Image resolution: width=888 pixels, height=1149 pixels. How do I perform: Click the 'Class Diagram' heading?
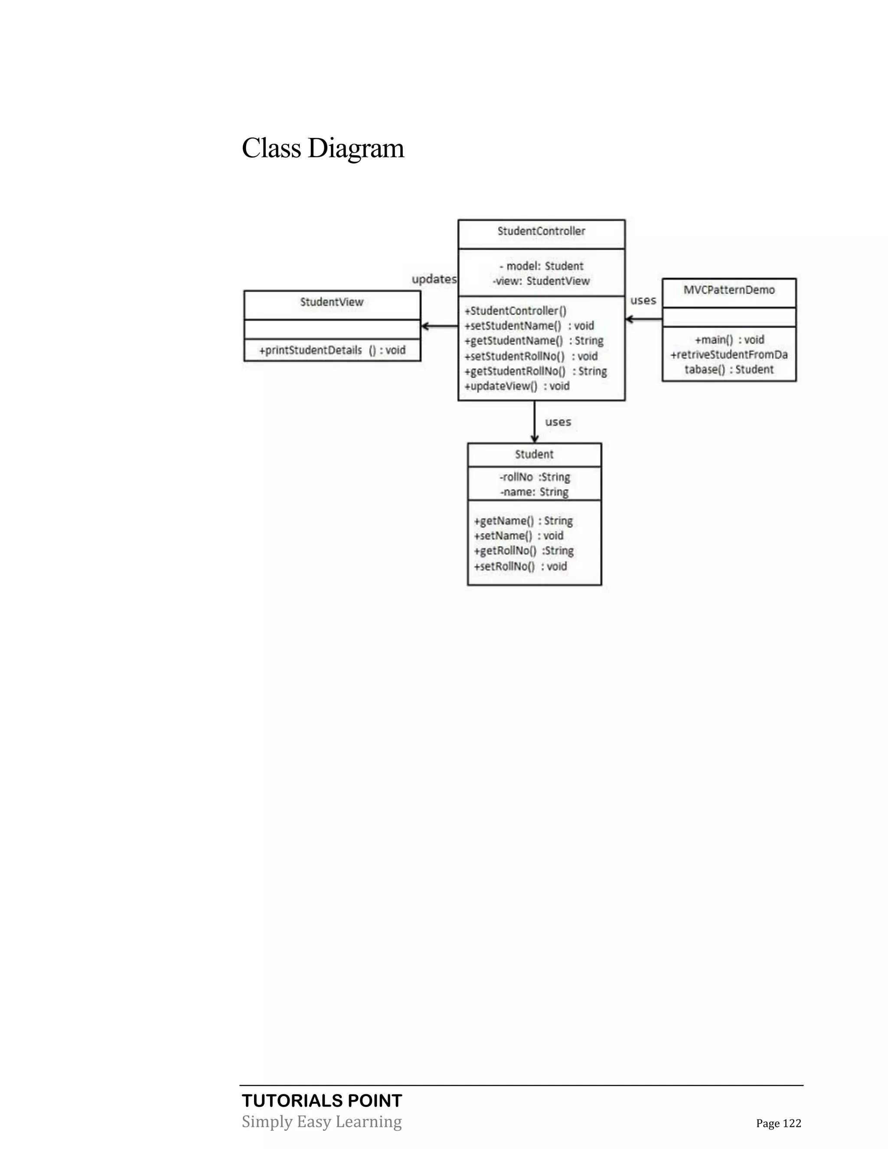pos(323,148)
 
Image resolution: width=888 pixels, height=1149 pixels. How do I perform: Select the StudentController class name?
pos(541,232)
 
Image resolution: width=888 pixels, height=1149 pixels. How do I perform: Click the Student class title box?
pos(534,454)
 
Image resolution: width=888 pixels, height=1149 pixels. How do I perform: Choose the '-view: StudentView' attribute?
pos(541,281)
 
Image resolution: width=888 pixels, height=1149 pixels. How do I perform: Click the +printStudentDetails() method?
pos(332,350)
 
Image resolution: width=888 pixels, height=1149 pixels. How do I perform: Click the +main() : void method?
pos(729,340)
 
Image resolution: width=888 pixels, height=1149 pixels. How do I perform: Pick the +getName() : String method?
pos(523,521)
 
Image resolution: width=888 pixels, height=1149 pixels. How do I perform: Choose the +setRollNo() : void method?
pos(520,567)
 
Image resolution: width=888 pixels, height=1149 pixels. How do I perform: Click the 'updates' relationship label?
pos(434,279)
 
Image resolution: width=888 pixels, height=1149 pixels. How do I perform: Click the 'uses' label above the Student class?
pos(558,422)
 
